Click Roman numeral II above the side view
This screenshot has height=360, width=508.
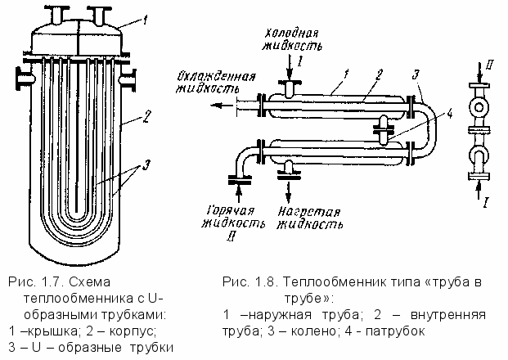(488, 63)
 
